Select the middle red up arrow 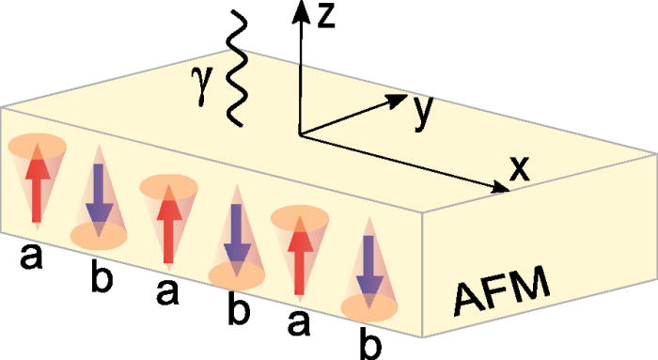pos(167,222)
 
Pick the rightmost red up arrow pos(298,248)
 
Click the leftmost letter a pos(37,253)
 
